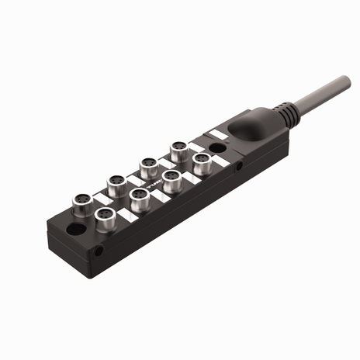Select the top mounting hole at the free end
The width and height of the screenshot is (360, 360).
[76, 229]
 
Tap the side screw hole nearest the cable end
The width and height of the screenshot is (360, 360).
[239, 165]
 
